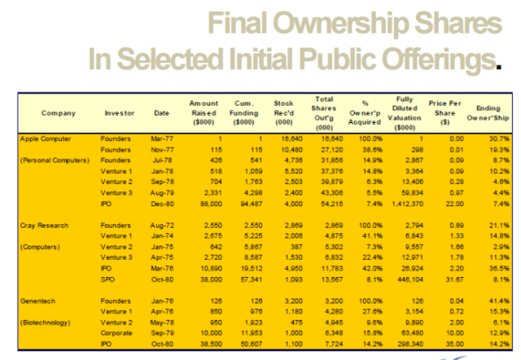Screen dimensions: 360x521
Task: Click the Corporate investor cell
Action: point(116,332)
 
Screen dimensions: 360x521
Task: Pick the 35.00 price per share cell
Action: point(445,343)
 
